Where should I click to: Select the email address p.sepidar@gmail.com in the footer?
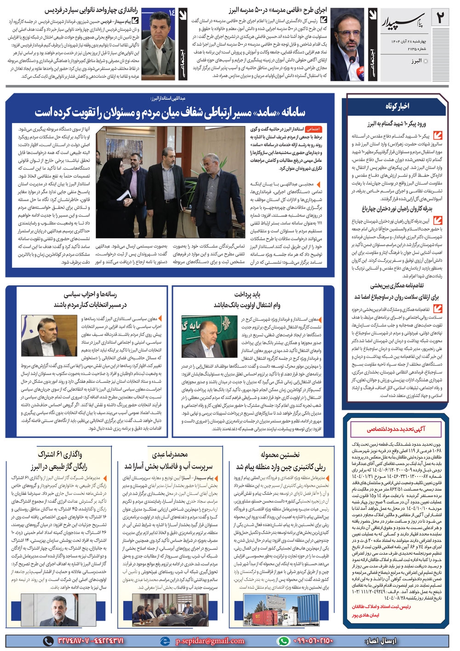[x=209, y=641]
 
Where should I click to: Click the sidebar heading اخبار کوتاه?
[x=397, y=106]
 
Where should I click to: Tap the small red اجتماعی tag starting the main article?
[x=314, y=130]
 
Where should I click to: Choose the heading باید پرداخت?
[x=247, y=294]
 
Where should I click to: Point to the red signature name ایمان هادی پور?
[x=366, y=615]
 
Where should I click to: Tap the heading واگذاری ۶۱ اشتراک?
[x=60, y=455]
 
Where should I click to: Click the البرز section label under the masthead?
[x=417, y=61]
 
